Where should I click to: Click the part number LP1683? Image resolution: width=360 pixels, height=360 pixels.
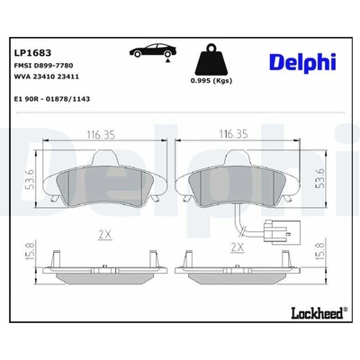(x=32, y=53)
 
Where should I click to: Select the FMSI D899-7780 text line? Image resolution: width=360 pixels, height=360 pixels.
(x=43, y=66)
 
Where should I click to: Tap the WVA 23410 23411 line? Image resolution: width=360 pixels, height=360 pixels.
(x=47, y=76)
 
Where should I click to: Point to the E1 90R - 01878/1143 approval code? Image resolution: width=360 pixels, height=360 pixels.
(x=52, y=99)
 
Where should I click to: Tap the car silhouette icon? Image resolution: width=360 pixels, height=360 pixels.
(x=153, y=50)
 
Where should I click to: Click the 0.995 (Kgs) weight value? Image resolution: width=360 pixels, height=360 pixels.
(x=211, y=81)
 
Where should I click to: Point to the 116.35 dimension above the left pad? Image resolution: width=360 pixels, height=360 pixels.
(x=101, y=135)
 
